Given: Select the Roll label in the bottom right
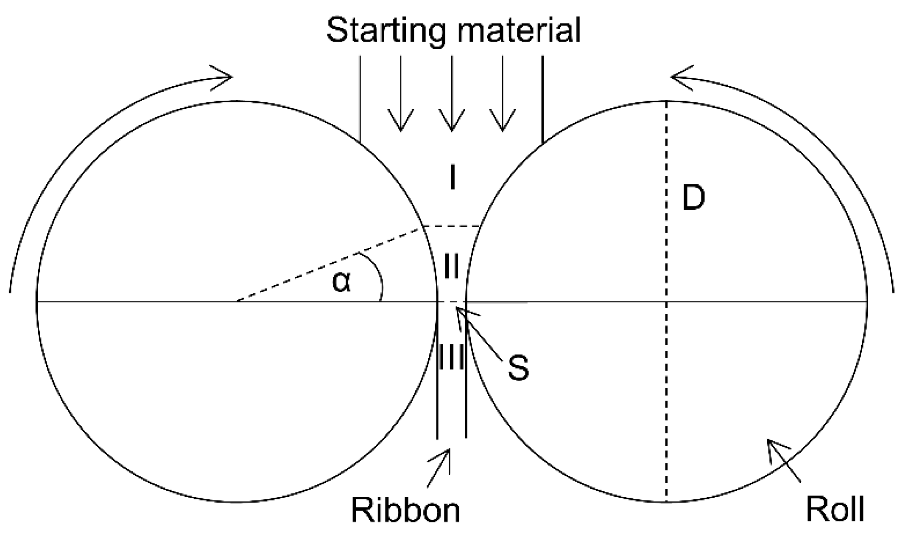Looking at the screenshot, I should (x=835, y=509).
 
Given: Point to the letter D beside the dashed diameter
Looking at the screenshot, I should (x=693, y=199).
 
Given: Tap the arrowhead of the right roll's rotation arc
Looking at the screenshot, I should (x=681, y=78).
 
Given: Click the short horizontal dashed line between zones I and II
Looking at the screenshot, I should (x=452, y=226).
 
